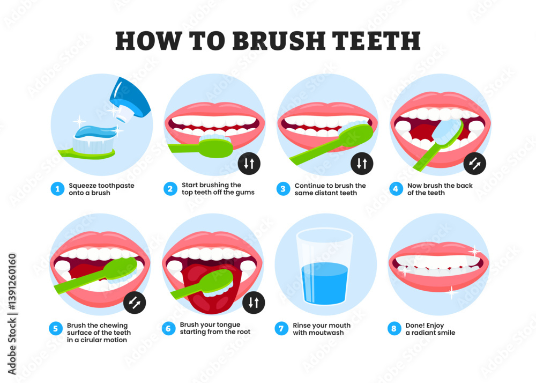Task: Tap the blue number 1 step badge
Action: click(57, 189)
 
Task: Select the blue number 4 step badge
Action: click(396, 189)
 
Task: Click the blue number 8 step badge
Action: click(394, 329)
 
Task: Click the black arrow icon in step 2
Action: click(249, 163)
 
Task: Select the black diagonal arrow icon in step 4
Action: click(475, 163)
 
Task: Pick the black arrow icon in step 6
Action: click(254, 303)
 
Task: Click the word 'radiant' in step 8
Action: click(426, 333)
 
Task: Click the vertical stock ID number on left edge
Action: click(12, 314)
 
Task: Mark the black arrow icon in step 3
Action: click(362, 163)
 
